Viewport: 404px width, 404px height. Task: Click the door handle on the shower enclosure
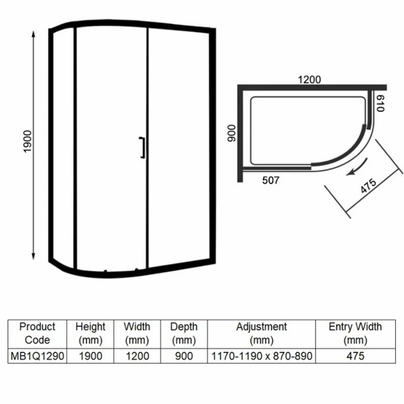click(x=142, y=147)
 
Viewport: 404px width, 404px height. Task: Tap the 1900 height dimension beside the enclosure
click(x=27, y=141)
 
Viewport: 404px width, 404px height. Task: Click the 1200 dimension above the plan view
click(x=309, y=80)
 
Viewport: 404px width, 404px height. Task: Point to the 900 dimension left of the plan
click(x=231, y=133)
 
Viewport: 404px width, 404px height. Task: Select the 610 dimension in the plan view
click(x=381, y=104)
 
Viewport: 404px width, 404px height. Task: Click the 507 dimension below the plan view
click(x=271, y=180)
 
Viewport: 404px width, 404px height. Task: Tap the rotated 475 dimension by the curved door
click(x=368, y=185)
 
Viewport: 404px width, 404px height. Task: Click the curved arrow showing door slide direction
click(x=357, y=168)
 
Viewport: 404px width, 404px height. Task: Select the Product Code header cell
click(x=37, y=333)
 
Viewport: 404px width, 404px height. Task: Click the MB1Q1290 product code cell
click(x=37, y=356)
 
